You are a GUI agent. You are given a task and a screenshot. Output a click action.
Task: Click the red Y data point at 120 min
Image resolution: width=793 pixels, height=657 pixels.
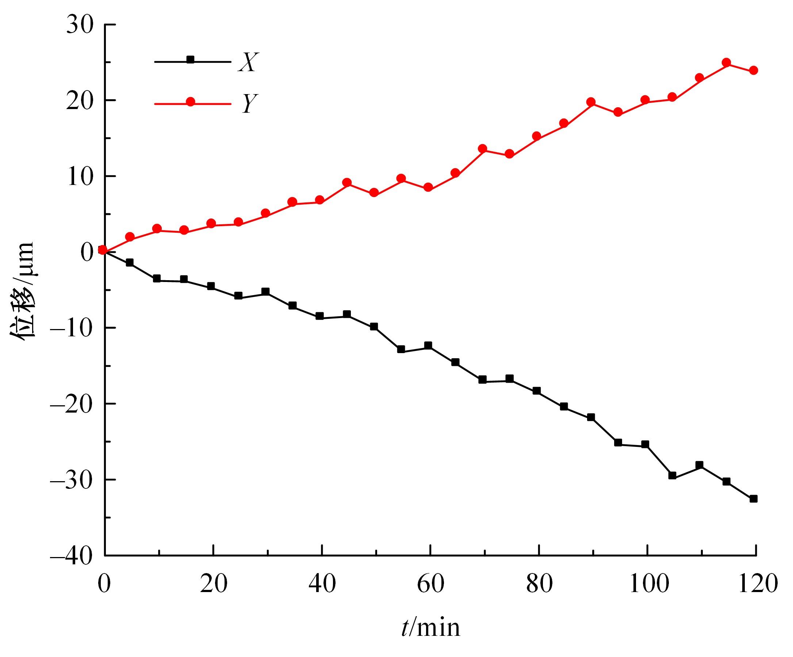[x=753, y=70]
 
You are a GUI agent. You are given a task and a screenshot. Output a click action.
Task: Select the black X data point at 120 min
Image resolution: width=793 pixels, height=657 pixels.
[x=753, y=499]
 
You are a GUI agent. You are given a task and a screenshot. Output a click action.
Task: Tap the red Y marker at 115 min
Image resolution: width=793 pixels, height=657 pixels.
[x=726, y=63]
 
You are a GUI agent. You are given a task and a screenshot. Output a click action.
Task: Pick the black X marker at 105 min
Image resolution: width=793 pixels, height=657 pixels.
[x=672, y=475]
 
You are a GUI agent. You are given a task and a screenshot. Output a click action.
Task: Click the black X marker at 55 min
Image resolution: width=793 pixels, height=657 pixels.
[x=401, y=349]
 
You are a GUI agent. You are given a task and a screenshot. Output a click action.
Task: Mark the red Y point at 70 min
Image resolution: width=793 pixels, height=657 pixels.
[x=482, y=149]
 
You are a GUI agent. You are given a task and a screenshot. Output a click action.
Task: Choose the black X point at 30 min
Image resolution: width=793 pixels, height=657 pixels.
[x=265, y=292]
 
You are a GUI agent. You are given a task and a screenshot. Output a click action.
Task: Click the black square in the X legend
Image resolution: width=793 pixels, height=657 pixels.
[x=191, y=59]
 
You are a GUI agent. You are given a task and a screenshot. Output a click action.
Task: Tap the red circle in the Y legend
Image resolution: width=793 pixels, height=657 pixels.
[x=191, y=102]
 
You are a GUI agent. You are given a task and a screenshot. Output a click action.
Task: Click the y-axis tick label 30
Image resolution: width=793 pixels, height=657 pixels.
[x=80, y=25]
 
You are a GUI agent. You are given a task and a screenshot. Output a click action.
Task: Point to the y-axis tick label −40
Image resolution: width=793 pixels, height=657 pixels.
[x=72, y=556]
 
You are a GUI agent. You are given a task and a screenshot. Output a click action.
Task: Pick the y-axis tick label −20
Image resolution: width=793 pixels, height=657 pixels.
[x=72, y=404]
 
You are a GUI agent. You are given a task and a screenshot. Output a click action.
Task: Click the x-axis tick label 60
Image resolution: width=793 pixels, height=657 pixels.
[x=430, y=584]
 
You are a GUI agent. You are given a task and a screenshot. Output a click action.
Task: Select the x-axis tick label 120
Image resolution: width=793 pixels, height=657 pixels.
[x=755, y=584]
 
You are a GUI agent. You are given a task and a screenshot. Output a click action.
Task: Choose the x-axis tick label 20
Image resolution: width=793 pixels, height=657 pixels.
[x=213, y=584]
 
